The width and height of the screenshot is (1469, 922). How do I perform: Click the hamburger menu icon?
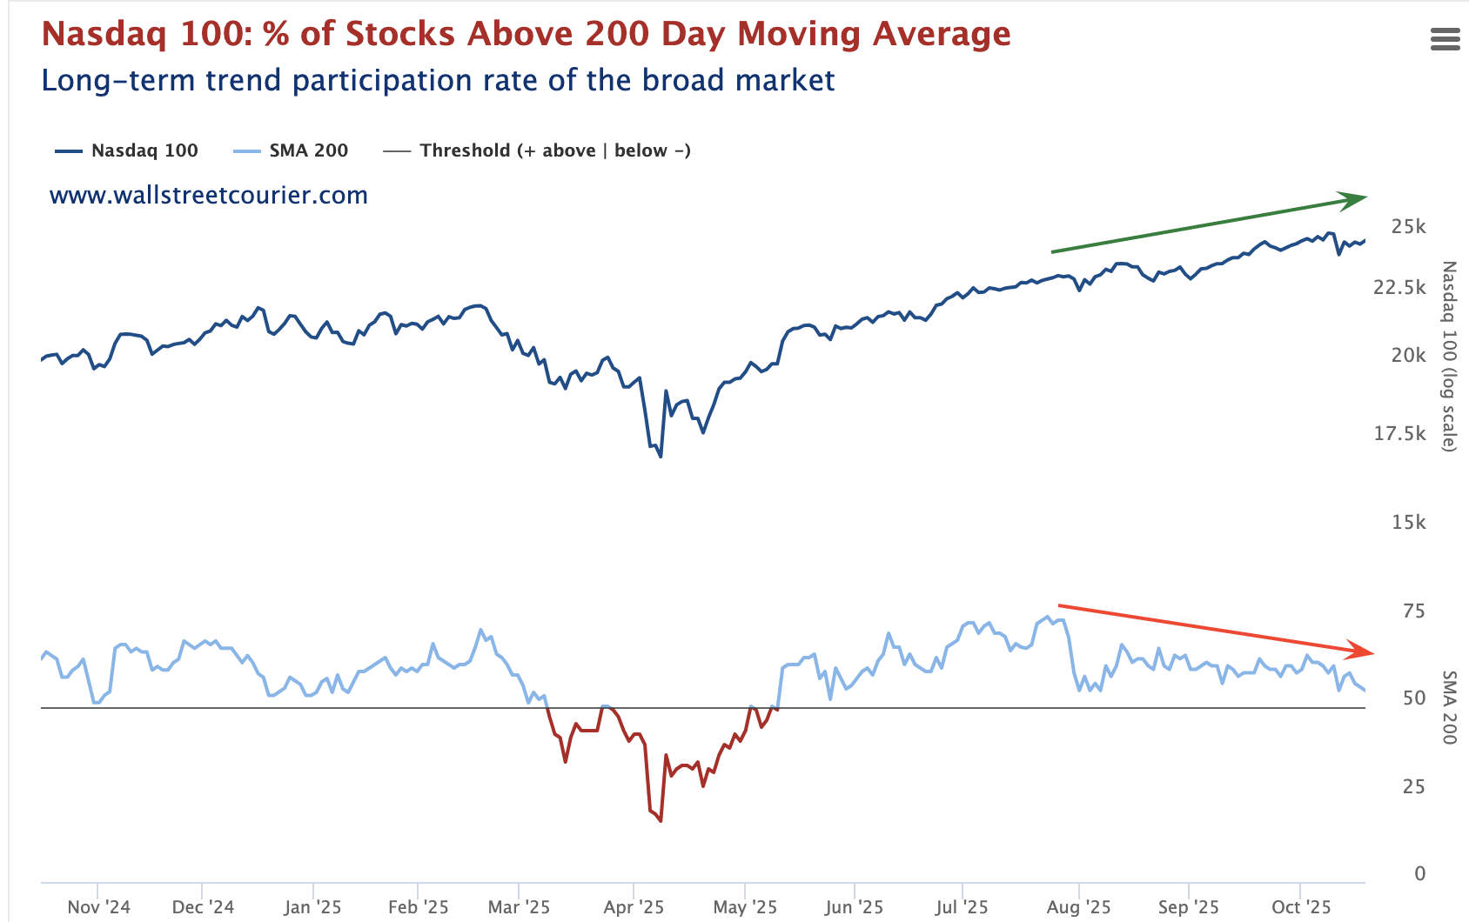[1445, 39]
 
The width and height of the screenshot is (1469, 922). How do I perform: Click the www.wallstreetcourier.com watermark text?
[209, 195]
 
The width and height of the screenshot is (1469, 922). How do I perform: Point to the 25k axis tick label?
[1408, 226]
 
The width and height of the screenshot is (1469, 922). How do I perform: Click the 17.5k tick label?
[1399, 433]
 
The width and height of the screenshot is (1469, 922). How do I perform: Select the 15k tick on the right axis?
[1408, 522]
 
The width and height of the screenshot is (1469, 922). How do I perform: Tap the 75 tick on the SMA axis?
[1414, 611]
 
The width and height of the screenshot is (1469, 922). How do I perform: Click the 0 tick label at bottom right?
[1420, 873]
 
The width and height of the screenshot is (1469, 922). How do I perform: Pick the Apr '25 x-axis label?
[634, 907]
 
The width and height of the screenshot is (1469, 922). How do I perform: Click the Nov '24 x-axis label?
[98, 907]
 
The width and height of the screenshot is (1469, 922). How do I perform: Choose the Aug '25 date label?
[1078, 907]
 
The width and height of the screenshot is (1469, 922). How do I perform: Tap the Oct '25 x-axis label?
[1301, 907]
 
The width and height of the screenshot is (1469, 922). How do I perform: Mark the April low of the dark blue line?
[661, 456]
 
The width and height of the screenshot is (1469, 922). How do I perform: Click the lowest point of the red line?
[661, 820]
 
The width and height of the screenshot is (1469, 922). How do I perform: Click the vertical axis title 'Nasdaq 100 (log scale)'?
[1448, 357]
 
